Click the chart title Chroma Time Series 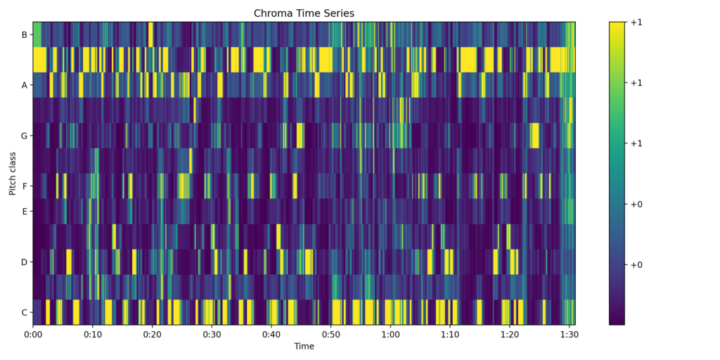[304, 13]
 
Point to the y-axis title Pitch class [13, 173]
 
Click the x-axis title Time [304, 346]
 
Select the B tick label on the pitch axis [24, 34]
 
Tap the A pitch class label [24, 85]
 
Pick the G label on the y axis [24, 136]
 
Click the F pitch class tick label [24, 186]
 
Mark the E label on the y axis [24, 211]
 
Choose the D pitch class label [24, 262]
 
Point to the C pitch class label [24, 312]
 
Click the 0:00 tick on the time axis [33, 335]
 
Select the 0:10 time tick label [93, 335]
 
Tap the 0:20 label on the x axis [152, 335]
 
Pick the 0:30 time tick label [212, 335]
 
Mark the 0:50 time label [330, 335]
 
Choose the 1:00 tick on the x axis [390, 335]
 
